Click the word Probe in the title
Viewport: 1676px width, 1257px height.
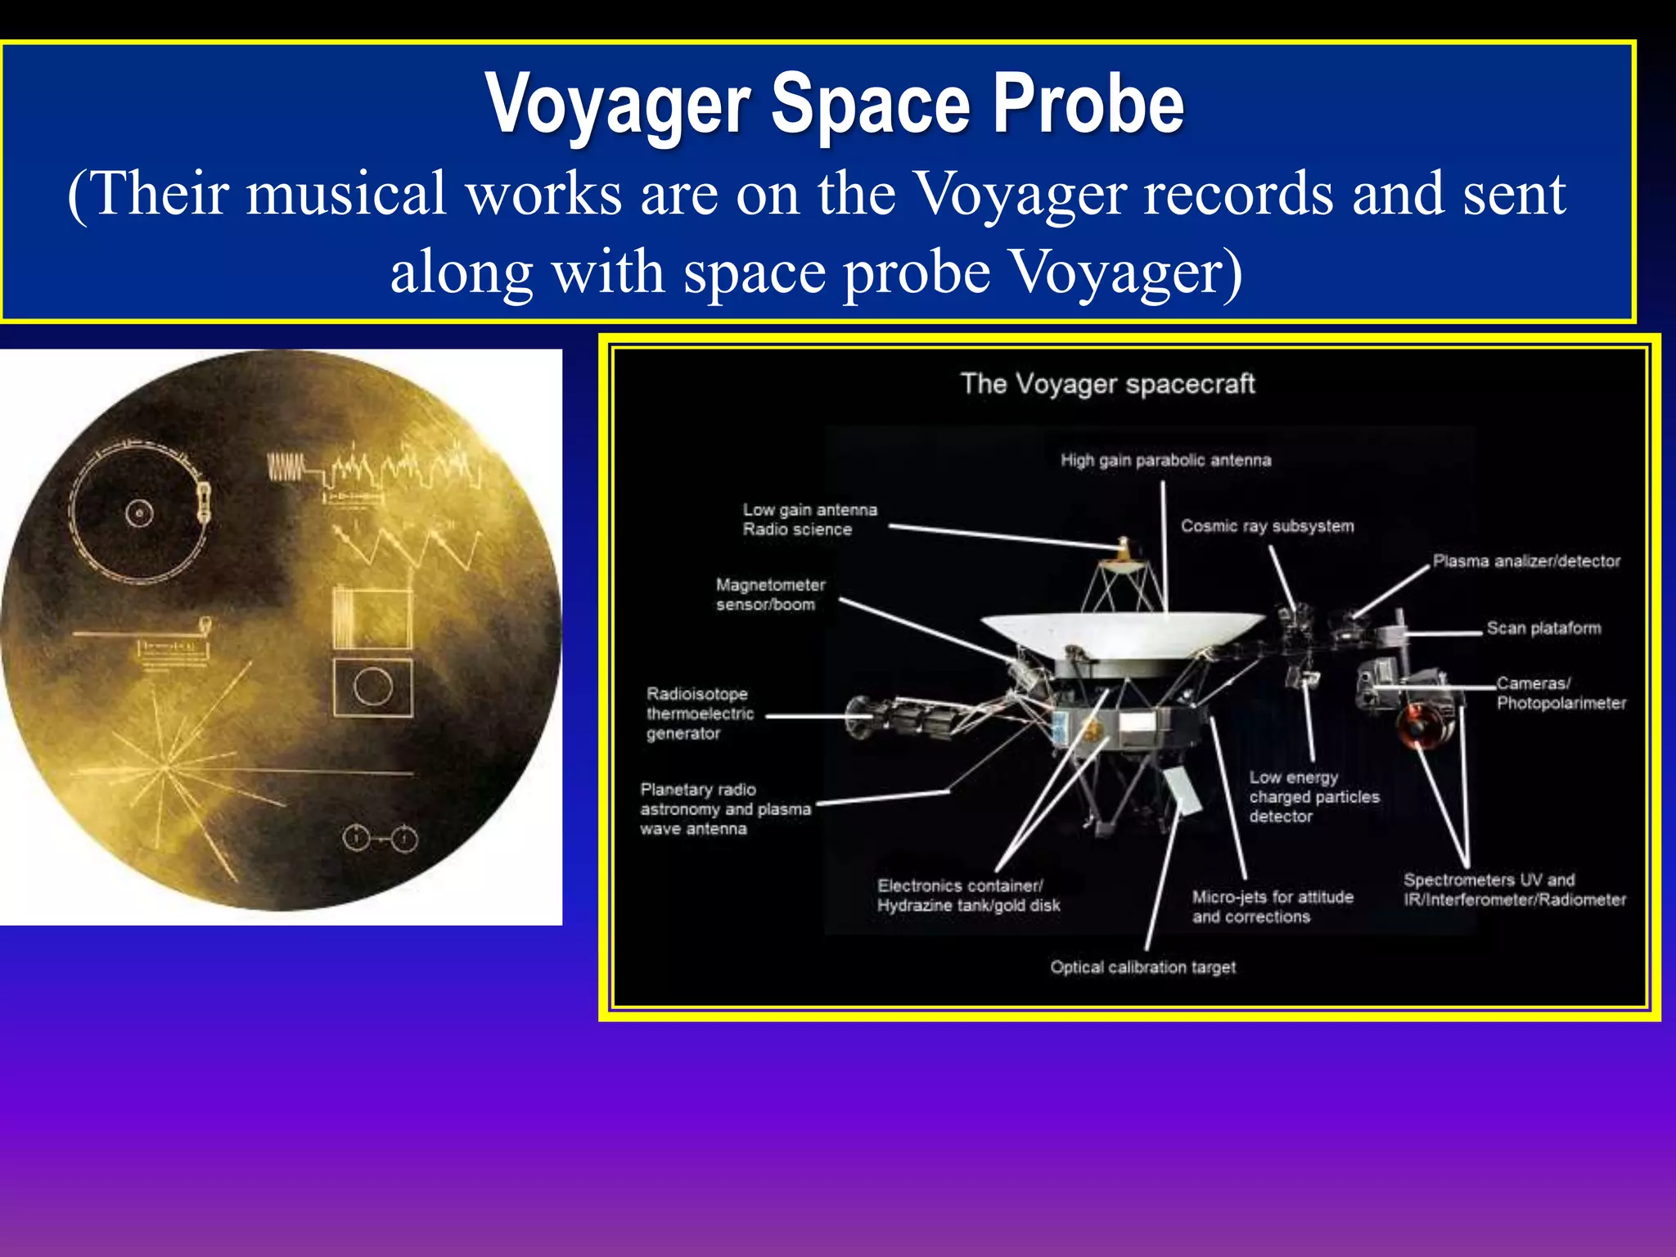pyautogui.click(x=1088, y=105)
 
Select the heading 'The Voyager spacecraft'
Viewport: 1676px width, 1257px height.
pyautogui.click(x=1107, y=384)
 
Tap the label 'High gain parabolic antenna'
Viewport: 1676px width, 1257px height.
pyautogui.click(x=1165, y=460)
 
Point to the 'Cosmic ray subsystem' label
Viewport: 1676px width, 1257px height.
pyautogui.click(x=1267, y=526)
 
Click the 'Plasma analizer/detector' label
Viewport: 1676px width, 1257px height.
pyautogui.click(x=1525, y=561)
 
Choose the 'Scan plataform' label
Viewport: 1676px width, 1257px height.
pyautogui.click(x=1543, y=628)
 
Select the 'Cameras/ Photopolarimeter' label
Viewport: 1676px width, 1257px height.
pyautogui.click(x=1560, y=693)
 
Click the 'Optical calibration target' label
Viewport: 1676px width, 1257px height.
pyautogui.click(x=1142, y=967)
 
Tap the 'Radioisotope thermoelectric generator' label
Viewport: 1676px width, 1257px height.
pyautogui.click(x=700, y=714)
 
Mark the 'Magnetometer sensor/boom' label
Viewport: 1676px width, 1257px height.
pyautogui.click(x=770, y=595)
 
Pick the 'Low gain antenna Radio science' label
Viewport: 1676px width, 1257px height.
pyautogui.click(x=809, y=520)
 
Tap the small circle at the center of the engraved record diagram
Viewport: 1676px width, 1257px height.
pyautogui.click(x=139, y=514)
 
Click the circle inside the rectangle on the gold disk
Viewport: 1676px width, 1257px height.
pyautogui.click(x=373, y=686)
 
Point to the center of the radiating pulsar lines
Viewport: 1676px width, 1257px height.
pyautogui.click(x=166, y=769)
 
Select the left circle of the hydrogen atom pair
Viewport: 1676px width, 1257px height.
pyautogui.click(x=356, y=838)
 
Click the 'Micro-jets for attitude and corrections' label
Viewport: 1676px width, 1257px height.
pyautogui.click(x=1272, y=907)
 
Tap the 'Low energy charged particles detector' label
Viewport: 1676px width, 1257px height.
pyautogui.click(x=1313, y=796)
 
